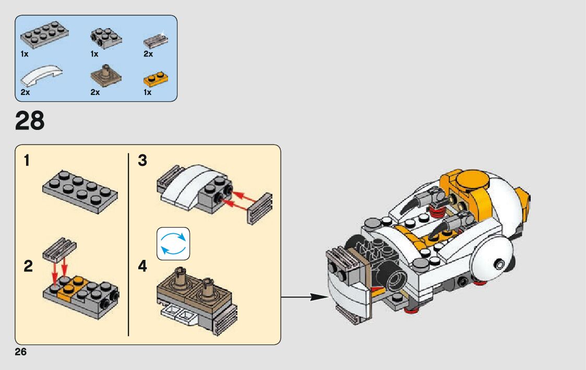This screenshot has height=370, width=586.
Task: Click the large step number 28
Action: click(x=30, y=121)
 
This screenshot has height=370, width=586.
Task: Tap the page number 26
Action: click(x=21, y=352)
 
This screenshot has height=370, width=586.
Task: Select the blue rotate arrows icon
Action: click(x=173, y=244)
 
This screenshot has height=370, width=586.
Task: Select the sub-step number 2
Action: click(x=28, y=267)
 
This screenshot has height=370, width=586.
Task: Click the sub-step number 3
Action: click(x=142, y=161)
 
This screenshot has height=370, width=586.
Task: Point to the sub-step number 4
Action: click(x=142, y=267)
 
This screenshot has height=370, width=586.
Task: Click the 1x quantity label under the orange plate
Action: click(x=148, y=92)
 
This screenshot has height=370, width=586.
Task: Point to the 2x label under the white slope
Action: click(x=25, y=92)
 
